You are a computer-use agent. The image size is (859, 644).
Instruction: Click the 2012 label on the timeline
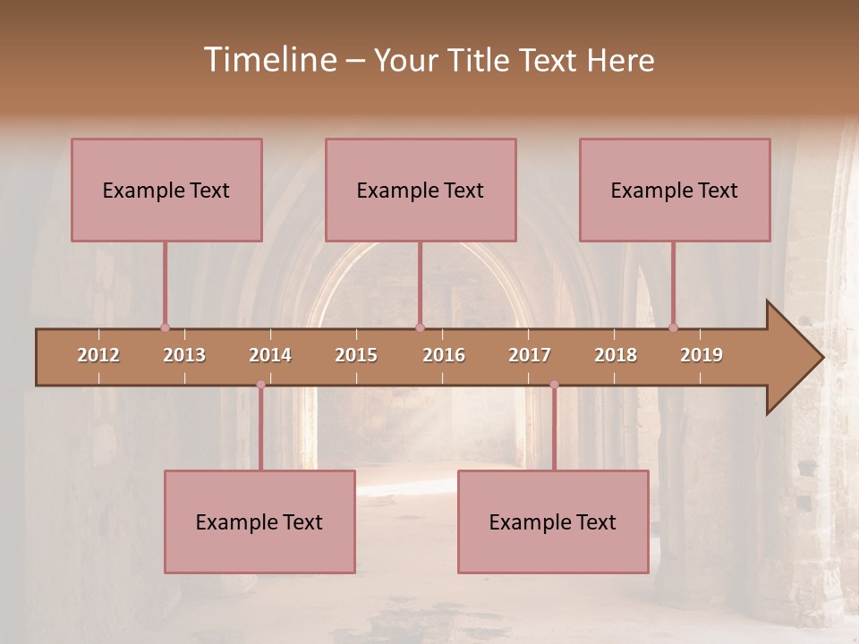(x=98, y=355)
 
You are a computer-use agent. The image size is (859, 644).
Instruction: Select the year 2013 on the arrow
(x=184, y=355)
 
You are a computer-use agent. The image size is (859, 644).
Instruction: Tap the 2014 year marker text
(x=270, y=355)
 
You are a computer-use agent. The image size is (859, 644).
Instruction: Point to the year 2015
(x=356, y=355)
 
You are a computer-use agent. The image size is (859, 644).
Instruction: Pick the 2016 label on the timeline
(x=444, y=355)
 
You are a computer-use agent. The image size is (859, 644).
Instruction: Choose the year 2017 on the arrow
(x=530, y=355)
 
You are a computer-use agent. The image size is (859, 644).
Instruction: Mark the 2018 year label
(x=616, y=355)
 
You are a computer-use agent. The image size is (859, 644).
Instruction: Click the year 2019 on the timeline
(x=702, y=355)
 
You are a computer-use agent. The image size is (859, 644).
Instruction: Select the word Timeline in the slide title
(x=268, y=60)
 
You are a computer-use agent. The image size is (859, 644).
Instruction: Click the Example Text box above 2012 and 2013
(x=166, y=190)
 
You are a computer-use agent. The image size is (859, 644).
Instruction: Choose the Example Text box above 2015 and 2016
(x=421, y=190)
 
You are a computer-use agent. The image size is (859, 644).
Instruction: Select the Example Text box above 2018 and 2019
(x=675, y=190)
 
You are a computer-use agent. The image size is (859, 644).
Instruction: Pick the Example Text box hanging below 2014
(x=259, y=521)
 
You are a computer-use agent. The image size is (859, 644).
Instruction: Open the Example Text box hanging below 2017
(x=553, y=521)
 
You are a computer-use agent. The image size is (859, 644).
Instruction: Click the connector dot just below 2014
(x=260, y=385)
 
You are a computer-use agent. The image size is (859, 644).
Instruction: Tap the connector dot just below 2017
(x=554, y=385)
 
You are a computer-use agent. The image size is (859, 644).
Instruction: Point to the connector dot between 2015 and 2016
(x=420, y=327)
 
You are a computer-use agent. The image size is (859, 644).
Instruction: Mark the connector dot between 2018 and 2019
(x=673, y=327)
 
